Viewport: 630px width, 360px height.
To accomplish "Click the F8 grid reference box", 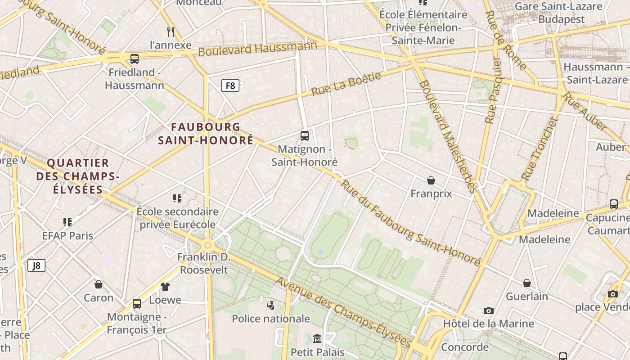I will click(230, 85).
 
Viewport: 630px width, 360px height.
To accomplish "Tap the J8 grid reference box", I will click(36, 265).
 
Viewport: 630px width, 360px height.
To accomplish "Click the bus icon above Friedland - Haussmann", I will click(134, 59).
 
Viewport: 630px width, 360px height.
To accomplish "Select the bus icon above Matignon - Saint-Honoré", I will click(305, 135).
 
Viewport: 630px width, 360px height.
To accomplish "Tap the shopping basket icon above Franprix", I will click(431, 180).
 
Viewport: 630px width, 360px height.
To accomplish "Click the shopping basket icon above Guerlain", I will click(527, 283).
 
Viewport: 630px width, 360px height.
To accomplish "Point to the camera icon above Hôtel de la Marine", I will click(488, 310).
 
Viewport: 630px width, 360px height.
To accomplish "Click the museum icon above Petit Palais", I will click(317, 338).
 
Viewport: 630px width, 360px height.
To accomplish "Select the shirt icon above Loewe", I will click(165, 286).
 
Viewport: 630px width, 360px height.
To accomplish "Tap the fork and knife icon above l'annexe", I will click(171, 31).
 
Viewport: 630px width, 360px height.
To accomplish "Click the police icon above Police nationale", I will click(270, 306).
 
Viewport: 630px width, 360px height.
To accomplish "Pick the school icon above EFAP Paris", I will click(67, 222).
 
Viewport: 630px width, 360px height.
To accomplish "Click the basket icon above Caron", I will click(99, 284).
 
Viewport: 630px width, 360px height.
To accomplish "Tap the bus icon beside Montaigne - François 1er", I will click(137, 304).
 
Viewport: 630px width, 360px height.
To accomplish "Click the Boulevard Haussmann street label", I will click(257, 49).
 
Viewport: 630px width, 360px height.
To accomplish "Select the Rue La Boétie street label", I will click(346, 84).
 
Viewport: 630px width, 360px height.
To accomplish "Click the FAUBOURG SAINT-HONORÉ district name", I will click(206, 134).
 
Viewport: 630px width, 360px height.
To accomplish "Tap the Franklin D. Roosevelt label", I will click(204, 263).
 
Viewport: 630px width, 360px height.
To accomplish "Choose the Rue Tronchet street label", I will click(539, 149).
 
